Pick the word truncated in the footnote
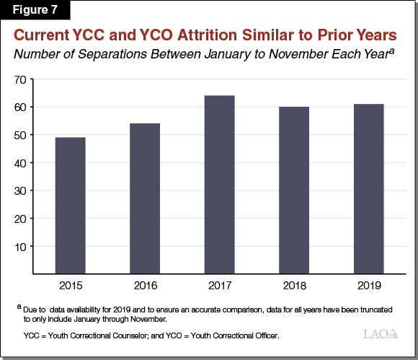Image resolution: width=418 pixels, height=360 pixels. pos(372,308)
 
